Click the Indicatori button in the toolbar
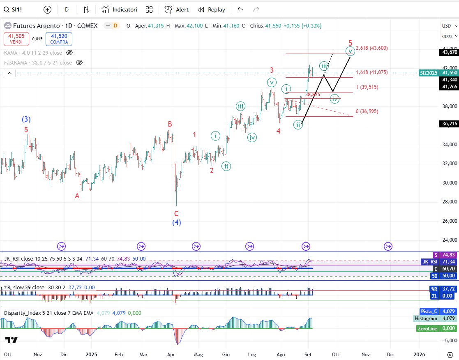(120, 9)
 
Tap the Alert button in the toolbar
(177, 9)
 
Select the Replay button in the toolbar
(211, 9)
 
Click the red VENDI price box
(16, 39)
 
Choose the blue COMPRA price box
(59, 39)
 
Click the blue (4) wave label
(176, 223)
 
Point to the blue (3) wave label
(26, 120)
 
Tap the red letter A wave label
(77, 196)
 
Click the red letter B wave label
(169, 124)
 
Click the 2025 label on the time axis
(91, 354)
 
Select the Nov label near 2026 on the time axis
(365, 354)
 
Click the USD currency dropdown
(447, 25)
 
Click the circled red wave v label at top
(350, 51)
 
